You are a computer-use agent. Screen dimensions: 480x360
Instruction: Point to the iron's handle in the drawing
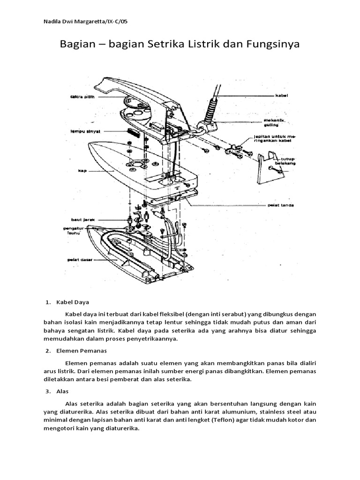pos(136,87)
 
